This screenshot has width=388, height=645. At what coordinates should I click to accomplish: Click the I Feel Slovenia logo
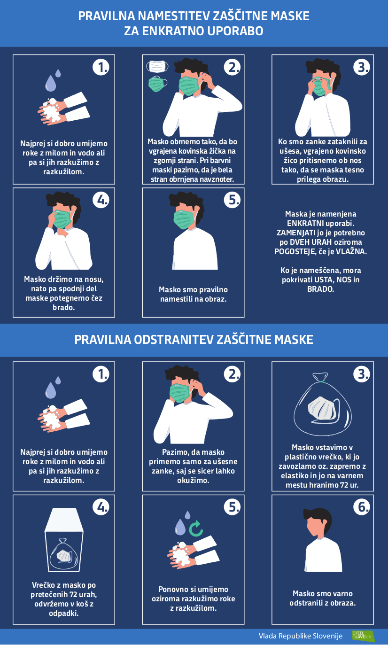pos(363,635)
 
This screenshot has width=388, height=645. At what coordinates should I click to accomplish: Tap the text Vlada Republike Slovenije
pos(301,636)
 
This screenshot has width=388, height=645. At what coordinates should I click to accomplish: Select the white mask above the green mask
pos(157,66)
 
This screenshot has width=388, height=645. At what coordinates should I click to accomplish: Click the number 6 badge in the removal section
pos(362,507)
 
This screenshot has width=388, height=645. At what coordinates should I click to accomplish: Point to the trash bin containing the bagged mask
pos(63,540)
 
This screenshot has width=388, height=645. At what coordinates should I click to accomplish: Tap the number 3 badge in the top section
pos(362,67)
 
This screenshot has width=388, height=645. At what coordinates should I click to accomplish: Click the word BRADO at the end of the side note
pos(321,289)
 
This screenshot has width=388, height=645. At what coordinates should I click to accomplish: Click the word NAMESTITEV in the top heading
pos(174,16)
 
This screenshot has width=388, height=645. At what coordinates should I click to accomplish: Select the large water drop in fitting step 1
pos(51,83)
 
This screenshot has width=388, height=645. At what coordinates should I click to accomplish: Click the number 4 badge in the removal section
pos(101,507)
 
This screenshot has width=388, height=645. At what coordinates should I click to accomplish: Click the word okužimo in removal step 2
pos(193,480)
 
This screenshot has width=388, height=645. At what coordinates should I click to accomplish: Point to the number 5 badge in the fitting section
pos(232,200)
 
